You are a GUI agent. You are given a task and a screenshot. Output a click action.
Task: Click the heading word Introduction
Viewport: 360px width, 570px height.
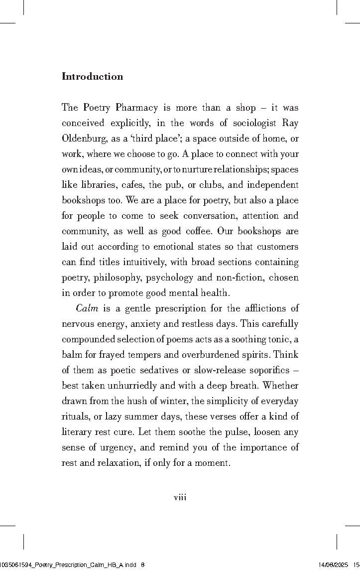point(92,76)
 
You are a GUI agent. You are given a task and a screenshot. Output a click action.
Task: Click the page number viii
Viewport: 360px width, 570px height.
point(180,497)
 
